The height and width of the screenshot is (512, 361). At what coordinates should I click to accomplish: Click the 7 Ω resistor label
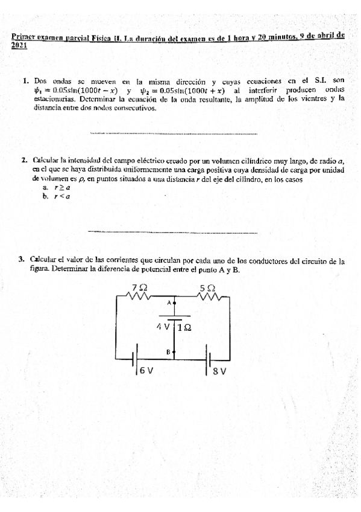pos(140,287)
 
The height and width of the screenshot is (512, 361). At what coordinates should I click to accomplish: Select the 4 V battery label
pos(163,326)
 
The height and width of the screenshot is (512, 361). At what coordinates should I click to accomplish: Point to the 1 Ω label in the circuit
pos(185,328)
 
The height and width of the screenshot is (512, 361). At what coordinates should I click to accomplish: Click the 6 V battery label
pos(146,371)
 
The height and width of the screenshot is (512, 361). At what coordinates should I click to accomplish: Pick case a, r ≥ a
pos(57,188)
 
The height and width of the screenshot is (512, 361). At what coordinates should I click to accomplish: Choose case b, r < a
pos(57,196)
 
